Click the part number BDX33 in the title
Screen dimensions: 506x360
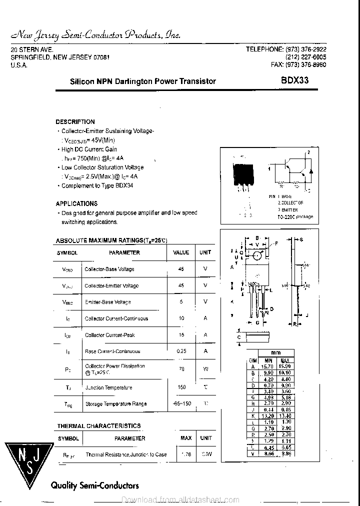pos(294,81)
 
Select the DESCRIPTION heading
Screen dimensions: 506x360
pos(75,121)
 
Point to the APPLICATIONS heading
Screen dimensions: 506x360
pos(76,203)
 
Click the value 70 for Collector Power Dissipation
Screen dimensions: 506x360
pos(181,369)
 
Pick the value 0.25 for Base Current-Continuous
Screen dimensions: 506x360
pos(181,351)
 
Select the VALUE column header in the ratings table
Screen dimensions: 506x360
pos(181,252)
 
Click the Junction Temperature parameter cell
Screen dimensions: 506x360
pos(108,387)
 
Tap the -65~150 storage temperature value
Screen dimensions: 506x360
pos(181,403)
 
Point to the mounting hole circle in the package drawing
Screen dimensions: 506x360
pos(256,255)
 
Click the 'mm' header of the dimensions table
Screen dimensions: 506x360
pos(275,352)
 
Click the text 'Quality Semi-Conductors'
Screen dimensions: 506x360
pos(95,485)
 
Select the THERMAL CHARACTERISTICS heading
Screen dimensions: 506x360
pos(98,426)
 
